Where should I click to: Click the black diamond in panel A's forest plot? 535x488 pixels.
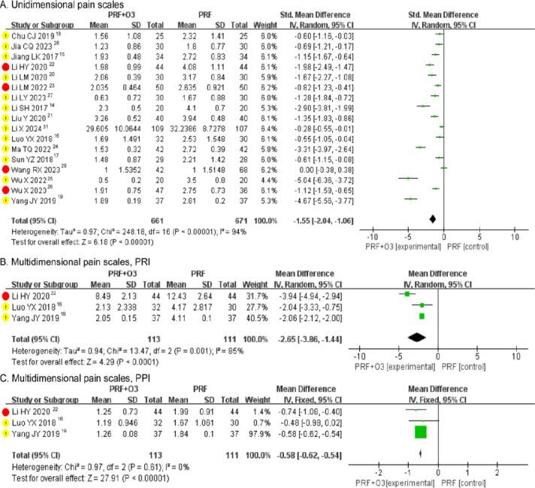[x=433, y=219]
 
